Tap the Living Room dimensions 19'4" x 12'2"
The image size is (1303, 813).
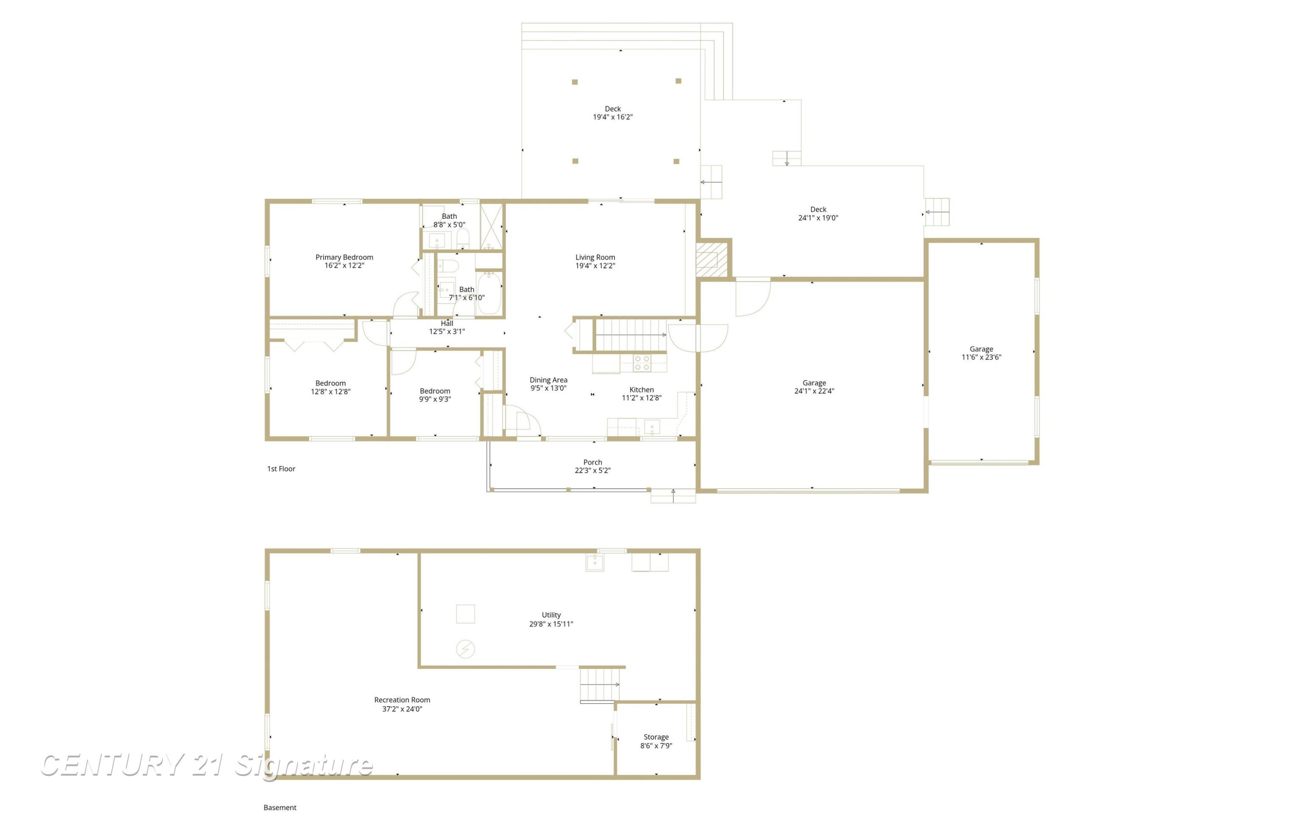point(595,266)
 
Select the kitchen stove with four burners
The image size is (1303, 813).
point(642,363)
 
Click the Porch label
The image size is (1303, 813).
point(592,462)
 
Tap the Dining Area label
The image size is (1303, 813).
point(548,380)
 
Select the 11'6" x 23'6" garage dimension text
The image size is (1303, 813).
point(981,357)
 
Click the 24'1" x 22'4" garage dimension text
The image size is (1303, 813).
point(814,391)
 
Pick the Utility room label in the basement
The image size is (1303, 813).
point(551,615)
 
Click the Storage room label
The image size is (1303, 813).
point(656,737)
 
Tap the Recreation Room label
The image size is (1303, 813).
point(402,700)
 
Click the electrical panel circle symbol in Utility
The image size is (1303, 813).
point(465,649)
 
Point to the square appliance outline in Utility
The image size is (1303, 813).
point(465,613)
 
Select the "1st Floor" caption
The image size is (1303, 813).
point(281,468)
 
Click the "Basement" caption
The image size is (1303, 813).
point(280,807)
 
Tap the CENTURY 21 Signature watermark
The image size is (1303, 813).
point(207,765)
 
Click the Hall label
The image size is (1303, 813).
point(446,323)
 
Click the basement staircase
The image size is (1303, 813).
point(600,684)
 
